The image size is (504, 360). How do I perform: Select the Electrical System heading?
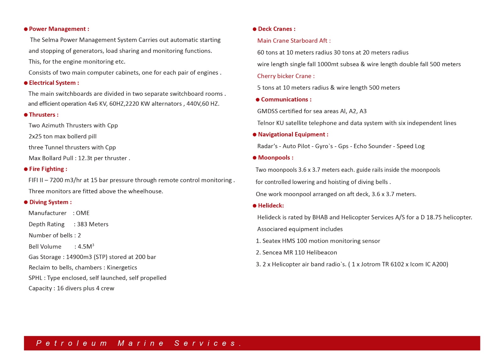54,83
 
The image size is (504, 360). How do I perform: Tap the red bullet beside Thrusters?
26,115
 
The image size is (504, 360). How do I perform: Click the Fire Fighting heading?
48,169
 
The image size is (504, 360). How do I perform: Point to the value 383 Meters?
93,224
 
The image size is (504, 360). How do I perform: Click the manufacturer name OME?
83,213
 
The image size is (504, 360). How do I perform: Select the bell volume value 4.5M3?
86,247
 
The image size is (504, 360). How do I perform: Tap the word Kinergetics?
122,268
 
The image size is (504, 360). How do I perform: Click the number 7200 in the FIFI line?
56,180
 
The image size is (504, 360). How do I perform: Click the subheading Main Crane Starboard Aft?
294,41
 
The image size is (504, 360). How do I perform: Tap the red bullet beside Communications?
258,100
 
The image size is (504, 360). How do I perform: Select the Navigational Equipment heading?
293,135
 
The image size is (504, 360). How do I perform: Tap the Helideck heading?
271,206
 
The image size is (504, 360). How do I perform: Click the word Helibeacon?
322,253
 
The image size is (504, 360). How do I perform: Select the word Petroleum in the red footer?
72,343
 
